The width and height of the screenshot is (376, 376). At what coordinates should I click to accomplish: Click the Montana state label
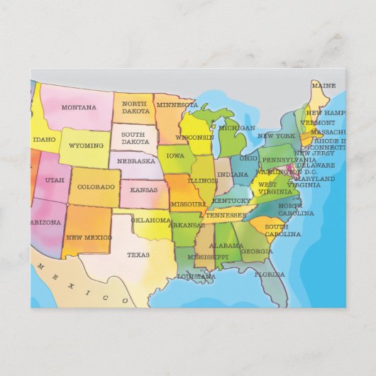point(79,108)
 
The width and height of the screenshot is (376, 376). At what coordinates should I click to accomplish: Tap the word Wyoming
point(86,145)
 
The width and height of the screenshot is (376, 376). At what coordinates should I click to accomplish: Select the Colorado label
point(96,187)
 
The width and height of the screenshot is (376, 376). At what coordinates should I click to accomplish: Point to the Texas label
point(138,254)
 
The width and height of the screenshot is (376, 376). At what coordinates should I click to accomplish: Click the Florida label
point(270,274)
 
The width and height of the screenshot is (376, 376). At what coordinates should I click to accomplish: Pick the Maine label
point(323,86)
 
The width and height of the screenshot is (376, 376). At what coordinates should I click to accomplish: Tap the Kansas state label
point(144,190)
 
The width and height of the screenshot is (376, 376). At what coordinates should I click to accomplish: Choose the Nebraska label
point(136,161)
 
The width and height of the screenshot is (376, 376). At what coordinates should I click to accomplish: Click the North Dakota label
point(135,107)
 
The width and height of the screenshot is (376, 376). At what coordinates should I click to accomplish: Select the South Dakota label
point(135,138)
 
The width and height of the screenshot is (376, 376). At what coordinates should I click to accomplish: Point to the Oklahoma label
point(151,220)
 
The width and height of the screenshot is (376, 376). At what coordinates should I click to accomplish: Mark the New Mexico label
point(89,237)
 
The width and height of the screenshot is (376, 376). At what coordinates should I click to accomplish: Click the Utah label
point(55,180)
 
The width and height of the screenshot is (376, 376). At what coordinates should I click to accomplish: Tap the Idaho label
point(44,140)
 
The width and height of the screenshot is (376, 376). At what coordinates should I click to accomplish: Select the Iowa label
point(175,155)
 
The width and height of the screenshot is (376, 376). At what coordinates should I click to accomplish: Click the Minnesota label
point(177,105)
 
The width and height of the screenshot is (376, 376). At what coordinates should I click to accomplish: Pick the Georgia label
point(257,250)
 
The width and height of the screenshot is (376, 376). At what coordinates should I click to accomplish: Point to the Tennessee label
point(226,214)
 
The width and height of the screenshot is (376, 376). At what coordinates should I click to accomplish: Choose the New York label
point(275,136)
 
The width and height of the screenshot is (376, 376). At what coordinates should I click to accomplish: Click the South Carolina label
point(282,230)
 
